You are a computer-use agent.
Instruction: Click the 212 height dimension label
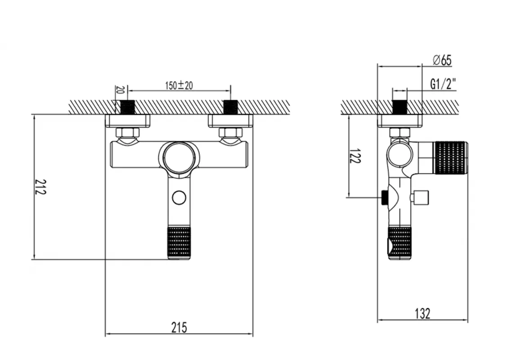pos(41,187)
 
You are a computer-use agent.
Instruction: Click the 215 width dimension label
pos(179,327)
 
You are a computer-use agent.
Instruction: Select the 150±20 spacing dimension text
pos(179,85)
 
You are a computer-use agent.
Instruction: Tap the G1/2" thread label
pos(443,84)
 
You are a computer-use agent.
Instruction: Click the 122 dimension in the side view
pos(355,156)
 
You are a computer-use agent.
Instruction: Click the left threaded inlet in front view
pos(129,107)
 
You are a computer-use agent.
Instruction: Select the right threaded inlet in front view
pos(230,107)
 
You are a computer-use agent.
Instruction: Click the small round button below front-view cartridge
pos(179,197)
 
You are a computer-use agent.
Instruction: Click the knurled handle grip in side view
pos(450,157)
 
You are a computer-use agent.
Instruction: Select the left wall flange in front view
pos(128,121)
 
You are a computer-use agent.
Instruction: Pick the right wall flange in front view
pos(230,121)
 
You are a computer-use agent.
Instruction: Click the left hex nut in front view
pos(128,132)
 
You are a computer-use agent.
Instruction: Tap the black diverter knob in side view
pos(385,197)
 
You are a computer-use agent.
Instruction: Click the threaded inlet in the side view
pos(400,107)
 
